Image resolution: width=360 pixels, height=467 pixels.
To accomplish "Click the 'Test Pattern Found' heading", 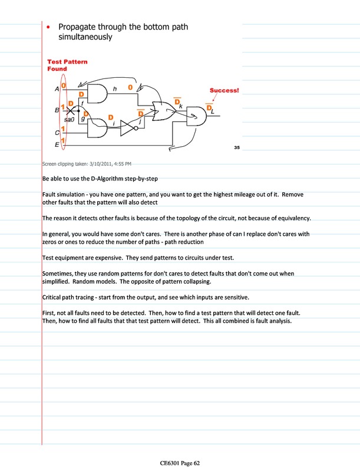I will tap(67, 65).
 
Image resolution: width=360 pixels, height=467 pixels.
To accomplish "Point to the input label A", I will tap(57, 90).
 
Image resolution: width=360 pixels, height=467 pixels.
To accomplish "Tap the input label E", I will tap(57, 143).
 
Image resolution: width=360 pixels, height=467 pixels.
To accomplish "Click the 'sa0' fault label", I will tap(70, 119).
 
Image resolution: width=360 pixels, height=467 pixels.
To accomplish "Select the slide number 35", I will tap(237, 147).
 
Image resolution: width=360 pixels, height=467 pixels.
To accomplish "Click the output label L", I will tap(212, 111).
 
